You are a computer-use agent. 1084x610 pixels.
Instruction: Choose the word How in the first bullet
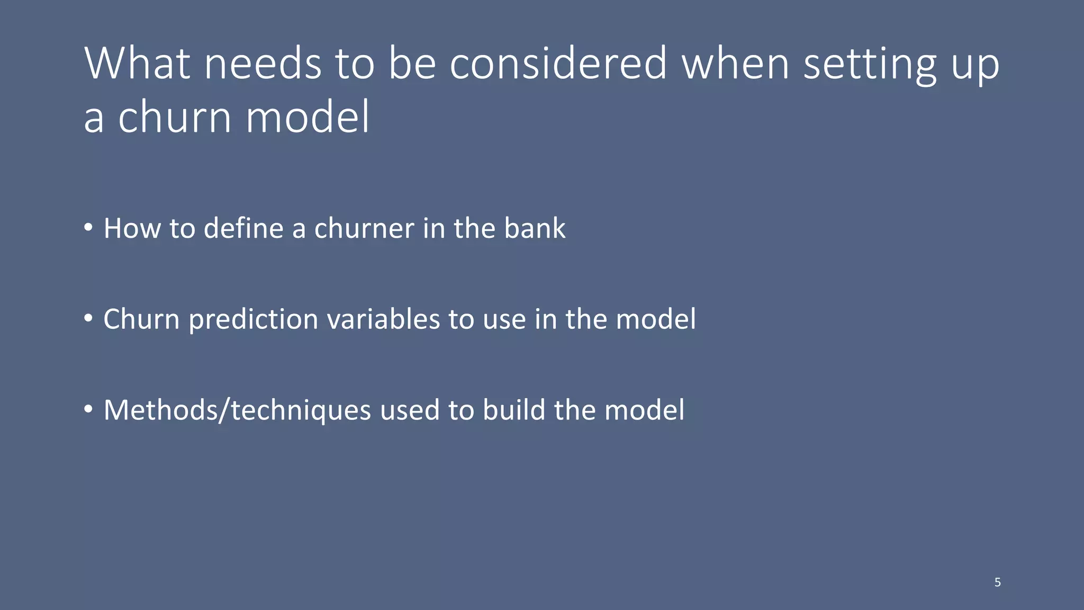pyautogui.click(x=132, y=228)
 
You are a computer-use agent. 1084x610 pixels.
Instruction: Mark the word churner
pyautogui.click(x=364, y=228)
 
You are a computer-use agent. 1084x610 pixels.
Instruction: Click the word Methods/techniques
pyautogui.click(x=237, y=411)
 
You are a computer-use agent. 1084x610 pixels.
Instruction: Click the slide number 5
pyautogui.click(x=997, y=582)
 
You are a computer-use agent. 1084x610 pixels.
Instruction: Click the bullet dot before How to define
pyautogui.click(x=88, y=228)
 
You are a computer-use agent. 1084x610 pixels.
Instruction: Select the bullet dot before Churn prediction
pyautogui.click(x=88, y=319)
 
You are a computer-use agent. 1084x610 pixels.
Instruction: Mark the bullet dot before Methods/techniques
pyautogui.click(x=88, y=409)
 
